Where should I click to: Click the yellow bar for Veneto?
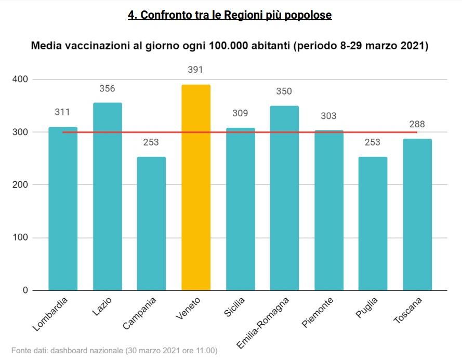coord(196,187)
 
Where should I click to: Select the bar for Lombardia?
coord(63,208)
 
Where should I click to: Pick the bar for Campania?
coord(151,223)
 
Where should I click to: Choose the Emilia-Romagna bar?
coord(284,198)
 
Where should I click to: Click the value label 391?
coord(196,70)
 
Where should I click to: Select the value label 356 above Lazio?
coord(107,88)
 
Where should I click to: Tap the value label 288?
coord(417,124)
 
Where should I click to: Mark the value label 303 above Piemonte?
coord(328,116)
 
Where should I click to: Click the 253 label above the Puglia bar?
coord(373,142)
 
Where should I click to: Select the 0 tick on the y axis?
coord(25,290)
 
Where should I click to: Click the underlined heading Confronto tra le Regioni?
coord(230,15)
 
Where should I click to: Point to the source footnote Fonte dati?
coord(114,350)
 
